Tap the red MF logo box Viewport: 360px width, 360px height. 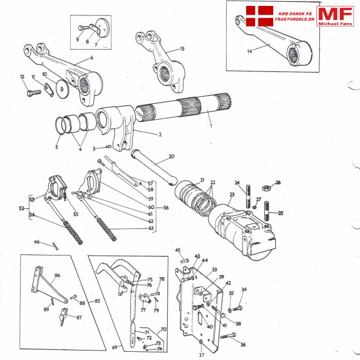[x=335, y=14]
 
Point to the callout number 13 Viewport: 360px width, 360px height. [x=182, y=49]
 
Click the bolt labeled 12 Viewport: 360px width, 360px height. [x=31, y=93]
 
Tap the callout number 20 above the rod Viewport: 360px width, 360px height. [x=171, y=157]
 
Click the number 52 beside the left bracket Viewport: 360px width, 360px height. [x=21, y=208]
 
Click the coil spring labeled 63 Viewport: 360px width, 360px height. [x=109, y=225]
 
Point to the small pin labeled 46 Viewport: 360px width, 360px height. [x=54, y=246]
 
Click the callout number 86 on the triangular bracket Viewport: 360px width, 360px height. [x=58, y=276]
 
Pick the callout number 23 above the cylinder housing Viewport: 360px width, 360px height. [x=232, y=194]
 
